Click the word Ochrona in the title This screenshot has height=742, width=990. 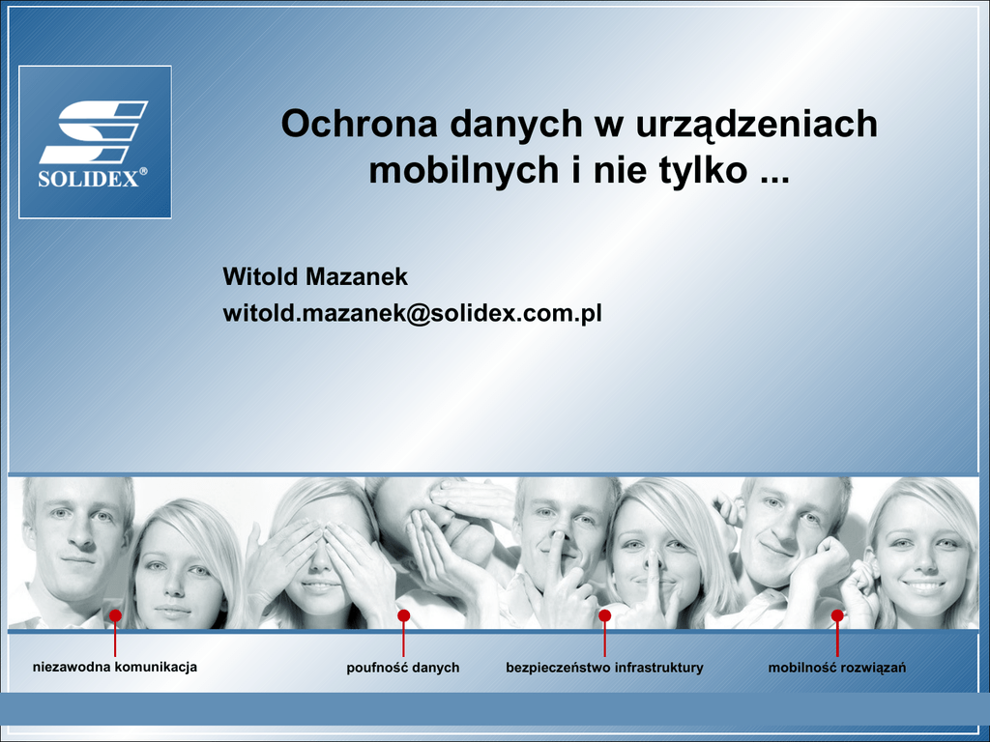tap(360, 123)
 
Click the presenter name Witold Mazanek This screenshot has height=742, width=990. tap(315, 276)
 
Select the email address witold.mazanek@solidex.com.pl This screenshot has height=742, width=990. tap(412, 314)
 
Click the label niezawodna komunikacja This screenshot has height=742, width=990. tap(115, 667)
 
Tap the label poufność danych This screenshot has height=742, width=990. tap(403, 668)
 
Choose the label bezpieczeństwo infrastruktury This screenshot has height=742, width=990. tap(604, 668)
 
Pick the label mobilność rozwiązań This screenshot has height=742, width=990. tap(837, 668)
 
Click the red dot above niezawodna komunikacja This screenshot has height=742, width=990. tap(115, 615)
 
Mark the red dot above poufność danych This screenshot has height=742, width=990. tap(403, 615)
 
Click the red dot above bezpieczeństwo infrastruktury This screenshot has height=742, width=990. tap(605, 615)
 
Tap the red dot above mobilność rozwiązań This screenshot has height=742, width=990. tap(837, 615)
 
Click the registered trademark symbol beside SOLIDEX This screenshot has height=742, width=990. tap(143, 171)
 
